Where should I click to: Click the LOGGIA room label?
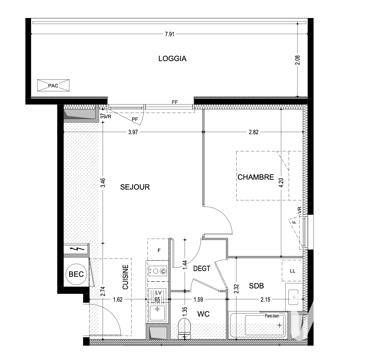tap(172, 59)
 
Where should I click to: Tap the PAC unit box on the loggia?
tap(53, 85)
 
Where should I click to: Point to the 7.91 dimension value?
tap(169, 34)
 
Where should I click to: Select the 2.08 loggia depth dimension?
tap(297, 60)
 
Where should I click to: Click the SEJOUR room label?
tap(135, 187)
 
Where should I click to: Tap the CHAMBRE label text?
tap(256, 177)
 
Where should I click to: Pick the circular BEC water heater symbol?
tap(76, 274)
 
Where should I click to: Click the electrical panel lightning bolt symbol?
tap(77, 249)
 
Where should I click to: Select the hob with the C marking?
tap(157, 271)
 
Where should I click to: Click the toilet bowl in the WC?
tap(184, 329)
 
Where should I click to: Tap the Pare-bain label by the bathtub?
tap(272, 316)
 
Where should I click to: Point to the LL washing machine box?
tap(292, 271)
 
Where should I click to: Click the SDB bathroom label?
tap(256, 286)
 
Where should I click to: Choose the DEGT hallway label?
tap(202, 269)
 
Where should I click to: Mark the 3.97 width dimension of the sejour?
tap(133, 132)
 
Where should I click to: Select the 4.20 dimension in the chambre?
tap(281, 182)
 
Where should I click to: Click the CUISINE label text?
tap(126, 277)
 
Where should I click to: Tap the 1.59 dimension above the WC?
tap(198, 300)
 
